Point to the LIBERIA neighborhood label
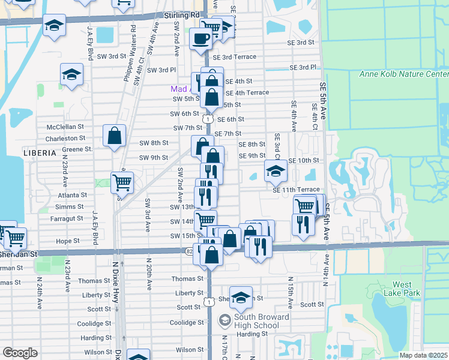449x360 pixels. pyautogui.click(x=40, y=153)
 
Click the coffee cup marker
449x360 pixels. pyautogui.click(x=200, y=39)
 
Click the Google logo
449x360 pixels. pyautogui.click(x=20, y=353)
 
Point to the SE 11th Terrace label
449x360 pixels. pyautogui.click(x=296, y=190)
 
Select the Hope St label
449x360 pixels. pyautogui.click(x=67, y=241)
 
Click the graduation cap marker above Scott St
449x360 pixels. pyautogui.click(x=241, y=296)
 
